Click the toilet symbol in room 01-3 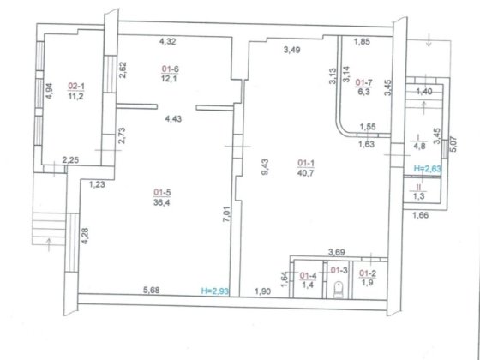[x=339, y=290]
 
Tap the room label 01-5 [x=162, y=193]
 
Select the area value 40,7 [x=305, y=173]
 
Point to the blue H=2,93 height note [x=215, y=291]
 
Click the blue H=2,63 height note [x=428, y=168]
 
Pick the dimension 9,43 [x=265, y=166]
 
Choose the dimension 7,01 [x=226, y=214]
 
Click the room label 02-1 [x=76, y=87]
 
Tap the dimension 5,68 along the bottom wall [x=152, y=290]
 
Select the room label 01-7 [x=364, y=82]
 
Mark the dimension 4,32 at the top [x=168, y=41]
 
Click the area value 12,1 [x=170, y=79]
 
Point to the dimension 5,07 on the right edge [x=454, y=144]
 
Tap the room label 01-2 [x=368, y=273]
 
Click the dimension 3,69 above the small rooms [x=337, y=252]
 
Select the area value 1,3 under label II [x=419, y=196]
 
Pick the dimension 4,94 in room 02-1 [x=49, y=91]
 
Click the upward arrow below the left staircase [x=49, y=244]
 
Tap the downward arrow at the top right [x=429, y=40]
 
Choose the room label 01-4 [x=309, y=275]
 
